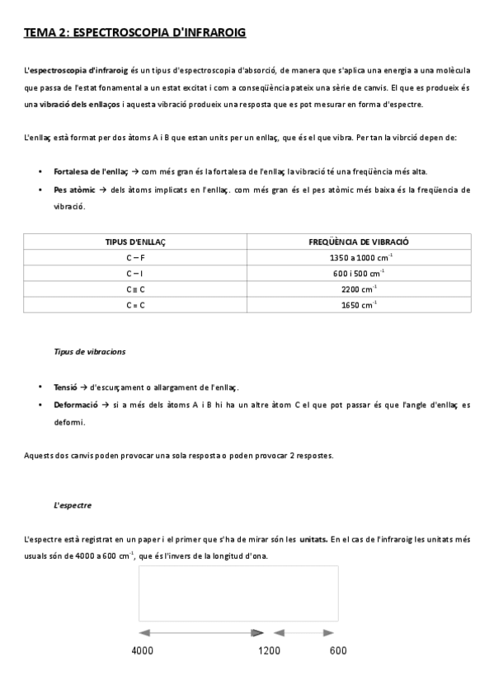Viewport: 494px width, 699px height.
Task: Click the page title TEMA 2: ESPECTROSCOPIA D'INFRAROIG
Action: pos(135,33)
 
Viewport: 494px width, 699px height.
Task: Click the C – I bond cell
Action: pos(135,273)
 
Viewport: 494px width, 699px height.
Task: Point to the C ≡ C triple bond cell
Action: pos(135,289)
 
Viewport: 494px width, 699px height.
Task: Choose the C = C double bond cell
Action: pos(135,304)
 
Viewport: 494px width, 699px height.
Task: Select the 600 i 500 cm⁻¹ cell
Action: pos(359,273)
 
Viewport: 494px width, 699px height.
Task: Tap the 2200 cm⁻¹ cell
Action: pos(359,289)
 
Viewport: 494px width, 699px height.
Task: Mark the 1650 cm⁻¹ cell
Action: pos(359,304)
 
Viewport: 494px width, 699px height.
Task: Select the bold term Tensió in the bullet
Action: pos(65,387)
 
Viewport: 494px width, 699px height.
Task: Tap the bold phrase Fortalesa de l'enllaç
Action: pos(90,172)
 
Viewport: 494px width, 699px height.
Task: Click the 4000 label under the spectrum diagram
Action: pos(143,651)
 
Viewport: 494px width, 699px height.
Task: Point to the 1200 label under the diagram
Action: pos(269,651)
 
